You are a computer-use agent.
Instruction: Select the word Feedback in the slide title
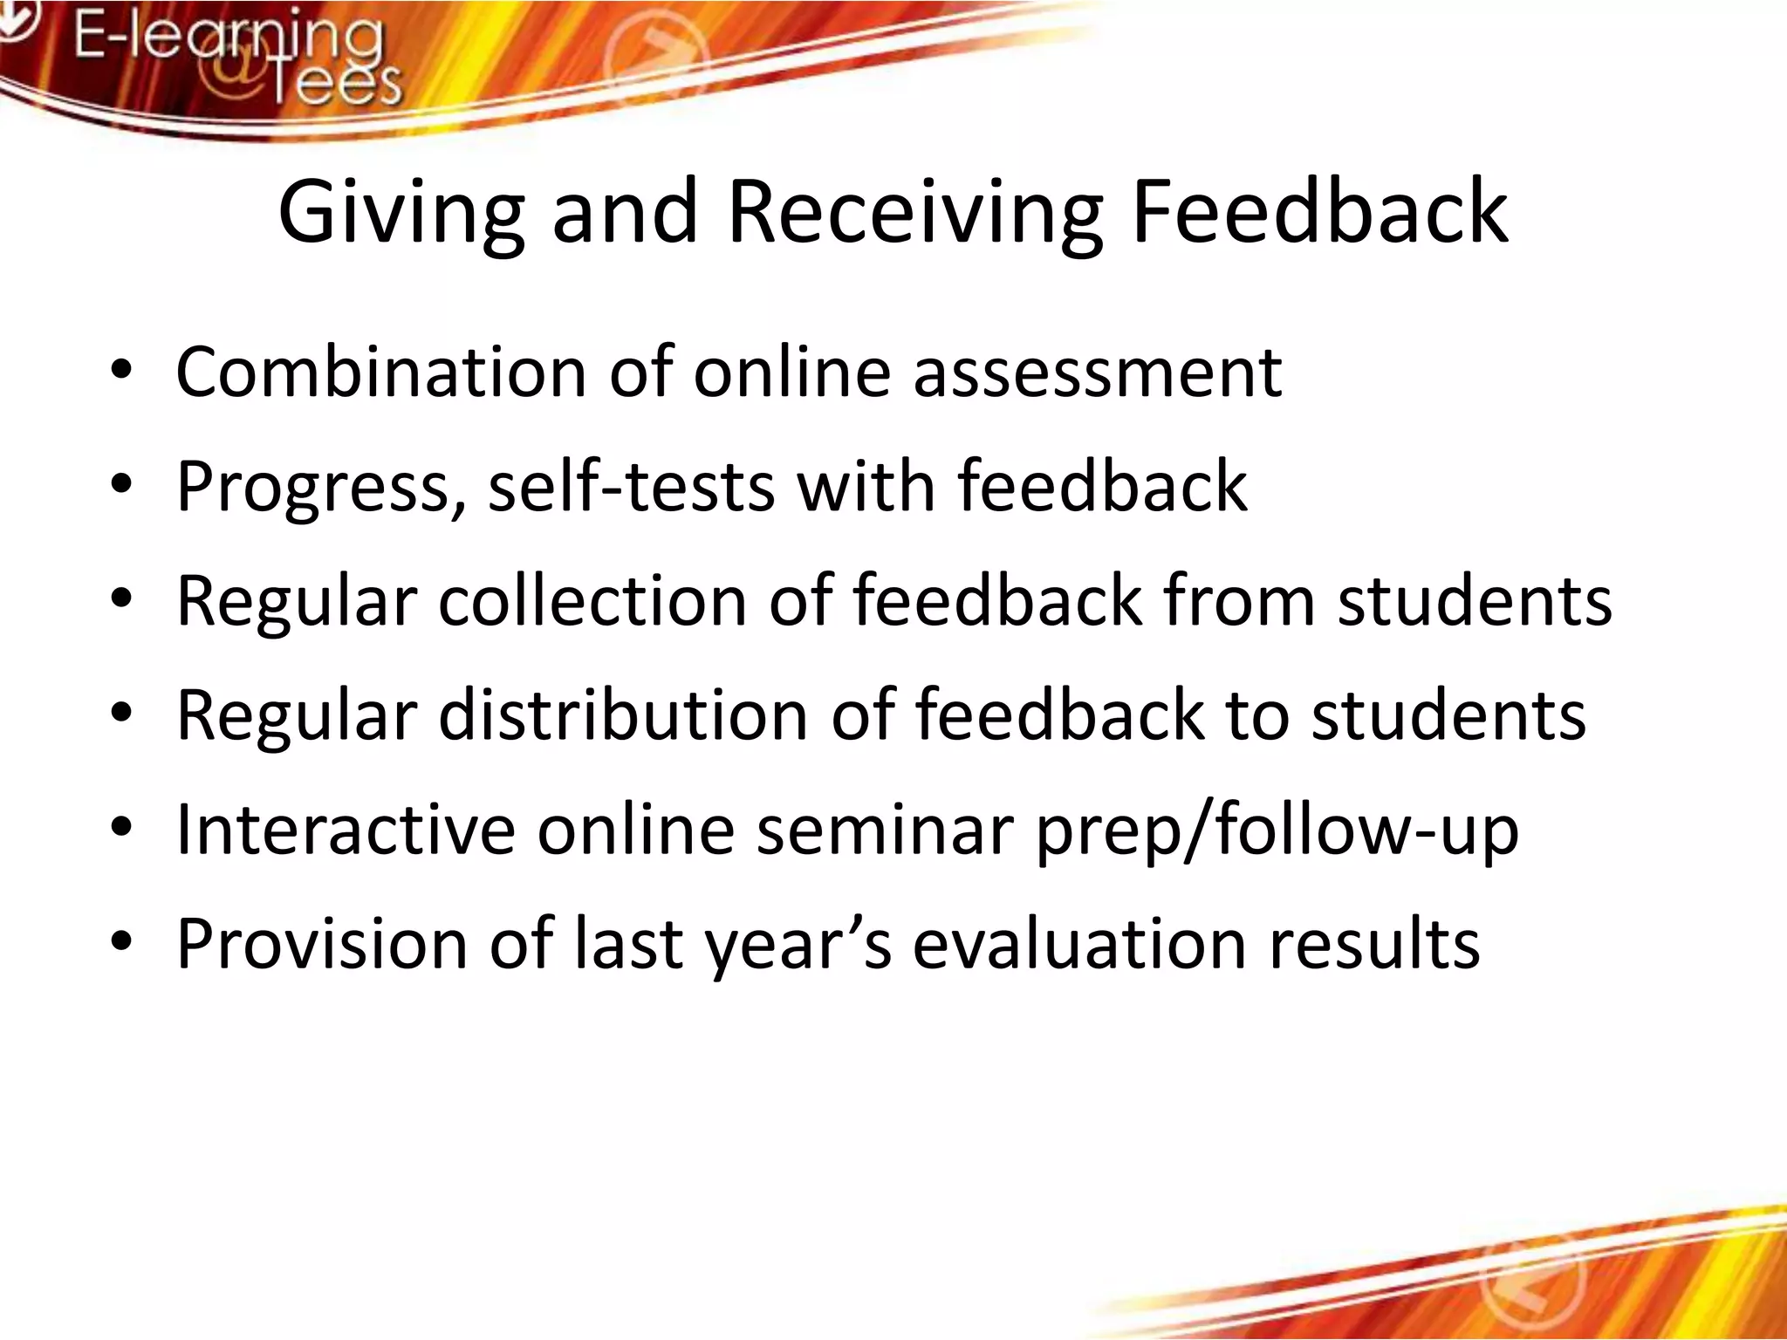(1319, 212)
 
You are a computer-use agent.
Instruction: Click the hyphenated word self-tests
(631, 487)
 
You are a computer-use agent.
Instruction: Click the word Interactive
(346, 830)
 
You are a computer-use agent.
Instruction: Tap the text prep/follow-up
(1277, 831)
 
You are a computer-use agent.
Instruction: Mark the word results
(1374, 944)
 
